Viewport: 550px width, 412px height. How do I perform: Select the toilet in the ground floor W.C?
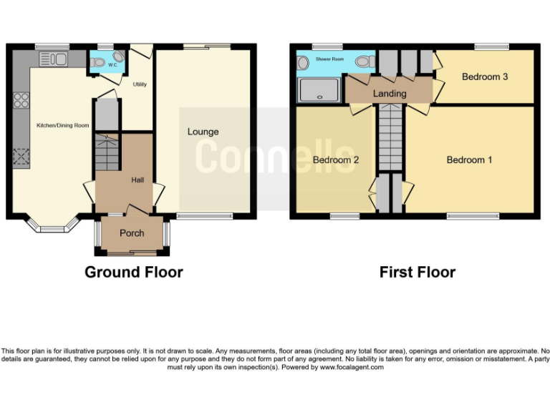pyautogui.click(x=118, y=57)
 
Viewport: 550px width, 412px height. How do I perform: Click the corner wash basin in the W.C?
pyautogui.click(x=95, y=62)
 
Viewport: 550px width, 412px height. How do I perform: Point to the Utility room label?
pyautogui.click(x=140, y=84)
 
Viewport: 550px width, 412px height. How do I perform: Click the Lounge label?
pyautogui.click(x=203, y=132)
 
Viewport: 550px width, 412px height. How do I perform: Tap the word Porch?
pyautogui.click(x=132, y=233)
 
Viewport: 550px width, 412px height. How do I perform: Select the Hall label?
pyautogui.click(x=137, y=180)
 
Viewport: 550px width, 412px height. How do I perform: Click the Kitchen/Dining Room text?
pyautogui.click(x=63, y=126)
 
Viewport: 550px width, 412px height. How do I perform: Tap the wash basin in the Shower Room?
pyautogui.click(x=303, y=62)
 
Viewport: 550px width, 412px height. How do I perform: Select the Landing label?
pyautogui.click(x=390, y=94)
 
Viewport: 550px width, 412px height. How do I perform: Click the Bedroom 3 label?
pyautogui.click(x=485, y=77)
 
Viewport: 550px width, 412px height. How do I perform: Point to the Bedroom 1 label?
pyautogui.click(x=469, y=160)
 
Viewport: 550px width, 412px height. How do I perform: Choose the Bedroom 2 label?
pyautogui.click(x=335, y=160)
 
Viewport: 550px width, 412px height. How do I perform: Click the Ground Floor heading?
pyautogui.click(x=133, y=273)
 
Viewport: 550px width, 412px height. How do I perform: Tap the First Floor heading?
pyautogui.click(x=417, y=273)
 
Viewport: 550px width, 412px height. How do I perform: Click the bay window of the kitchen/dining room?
pyautogui.click(x=50, y=228)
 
